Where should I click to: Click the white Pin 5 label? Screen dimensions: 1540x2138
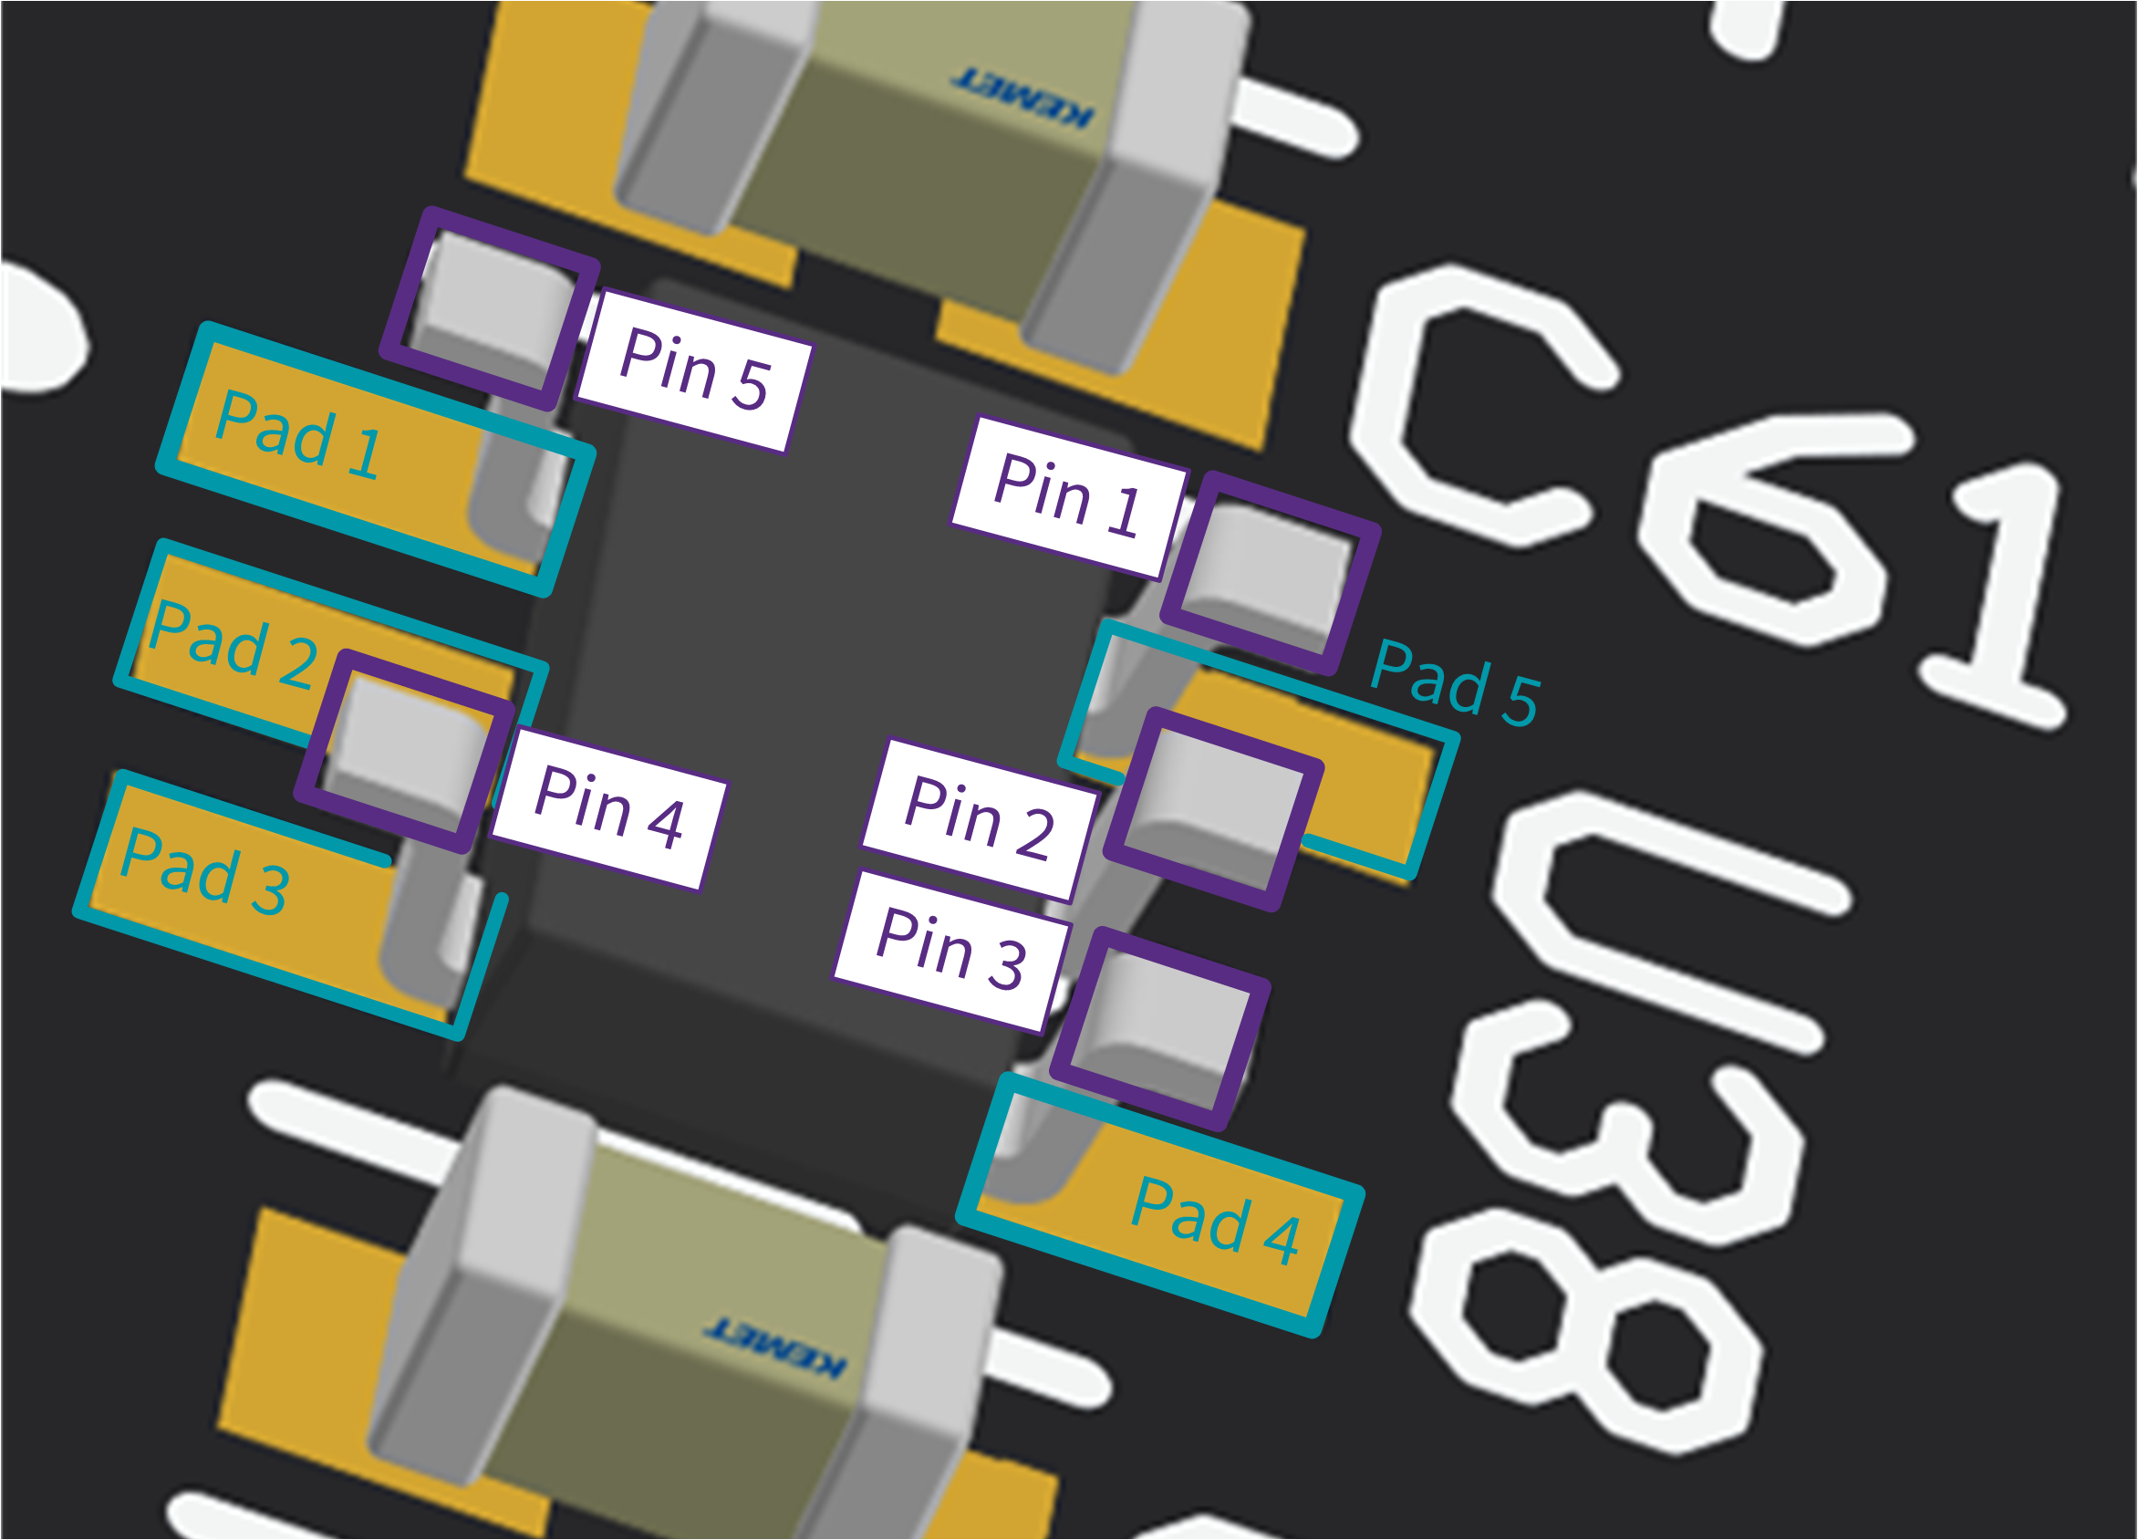coord(695,370)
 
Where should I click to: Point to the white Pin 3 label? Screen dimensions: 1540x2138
coord(951,951)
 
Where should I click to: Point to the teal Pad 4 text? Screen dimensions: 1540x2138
coord(1215,1223)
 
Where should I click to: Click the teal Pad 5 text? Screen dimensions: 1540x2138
coord(1455,682)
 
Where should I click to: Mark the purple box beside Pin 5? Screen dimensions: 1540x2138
coord(490,308)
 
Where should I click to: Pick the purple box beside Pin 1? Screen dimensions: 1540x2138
coord(1270,573)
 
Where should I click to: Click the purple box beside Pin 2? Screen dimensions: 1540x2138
coord(1214,809)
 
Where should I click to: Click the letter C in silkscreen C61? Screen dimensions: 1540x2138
coord(1480,405)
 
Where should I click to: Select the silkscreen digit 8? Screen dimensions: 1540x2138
coord(1583,1329)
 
